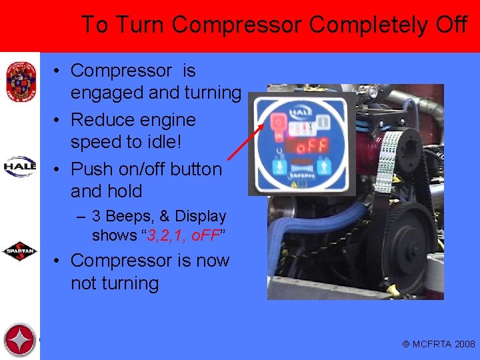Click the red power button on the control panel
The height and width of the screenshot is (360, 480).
point(278,123)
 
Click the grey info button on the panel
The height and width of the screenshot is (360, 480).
point(323,122)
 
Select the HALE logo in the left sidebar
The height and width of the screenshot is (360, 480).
point(19,166)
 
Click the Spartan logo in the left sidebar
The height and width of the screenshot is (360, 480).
point(19,252)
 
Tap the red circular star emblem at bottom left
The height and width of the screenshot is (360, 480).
point(19,340)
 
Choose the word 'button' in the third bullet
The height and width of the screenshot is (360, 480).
point(193,169)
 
